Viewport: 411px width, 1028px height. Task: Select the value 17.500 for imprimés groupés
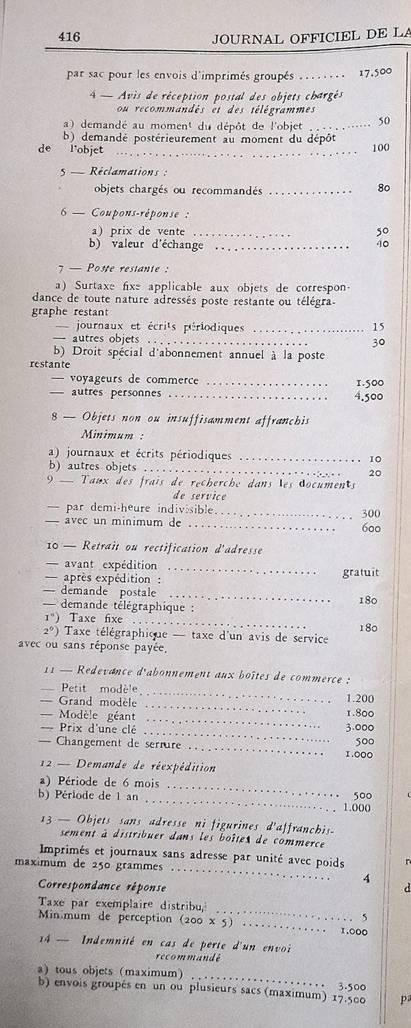(375, 72)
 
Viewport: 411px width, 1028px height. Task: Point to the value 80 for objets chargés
(384, 188)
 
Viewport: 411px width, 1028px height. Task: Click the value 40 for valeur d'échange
(383, 243)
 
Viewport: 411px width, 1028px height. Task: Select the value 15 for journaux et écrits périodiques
(378, 327)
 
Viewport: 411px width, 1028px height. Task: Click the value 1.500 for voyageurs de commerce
(370, 383)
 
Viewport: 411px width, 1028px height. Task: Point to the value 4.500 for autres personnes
(370, 396)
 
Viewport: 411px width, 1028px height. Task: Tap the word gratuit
(361, 572)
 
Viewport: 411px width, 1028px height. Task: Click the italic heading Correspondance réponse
(101, 887)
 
